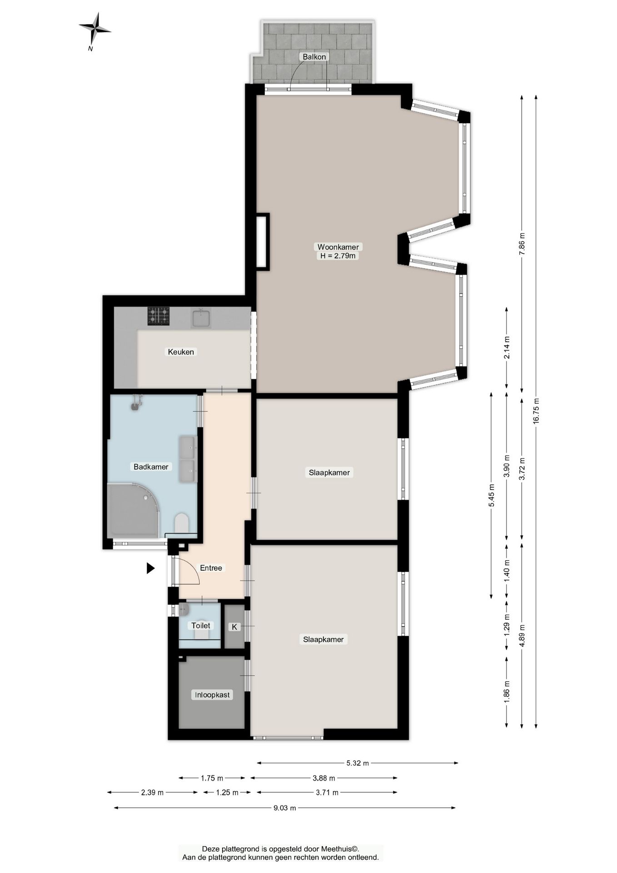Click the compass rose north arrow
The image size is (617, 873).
pyautogui.click(x=95, y=29)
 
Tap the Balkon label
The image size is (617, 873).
pyautogui.click(x=314, y=57)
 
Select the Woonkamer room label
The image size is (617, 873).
pyautogui.click(x=338, y=247)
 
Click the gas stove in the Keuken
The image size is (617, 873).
pyautogui.click(x=158, y=316)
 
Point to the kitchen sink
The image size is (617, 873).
pyautogui.click(x=201, y=317)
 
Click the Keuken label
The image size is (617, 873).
pyautogui.click(x=181, y=351)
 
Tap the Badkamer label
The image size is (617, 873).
pyautogui.click(x=151, y=467)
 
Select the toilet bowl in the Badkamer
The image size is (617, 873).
pyautogui.click(x=182, y=523)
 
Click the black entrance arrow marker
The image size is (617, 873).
pyautogui.click(x=150, y=568)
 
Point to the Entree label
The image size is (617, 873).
pyautogui.click(x=211, y=568)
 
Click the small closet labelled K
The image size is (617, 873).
pyautogui.click(x=235, y=626)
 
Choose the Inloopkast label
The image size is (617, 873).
pyautogui.click(x=212, y=695)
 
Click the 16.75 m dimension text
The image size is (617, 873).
pyautogui.click(x=536, y=411)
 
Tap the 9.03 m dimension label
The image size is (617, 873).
pyautogui.click(x=285, y=808)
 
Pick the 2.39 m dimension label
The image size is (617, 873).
pyautogui.click(x=152, y=793)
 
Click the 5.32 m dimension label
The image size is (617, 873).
pyautogui.click(x=358, y=763)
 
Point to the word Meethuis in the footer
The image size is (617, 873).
pyautogui.click(x=337, y=848)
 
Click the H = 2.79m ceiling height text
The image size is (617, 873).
pyautogui.click(x=338, y=256)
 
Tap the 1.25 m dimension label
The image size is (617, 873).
pyautogui.click(x=227, y=793)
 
